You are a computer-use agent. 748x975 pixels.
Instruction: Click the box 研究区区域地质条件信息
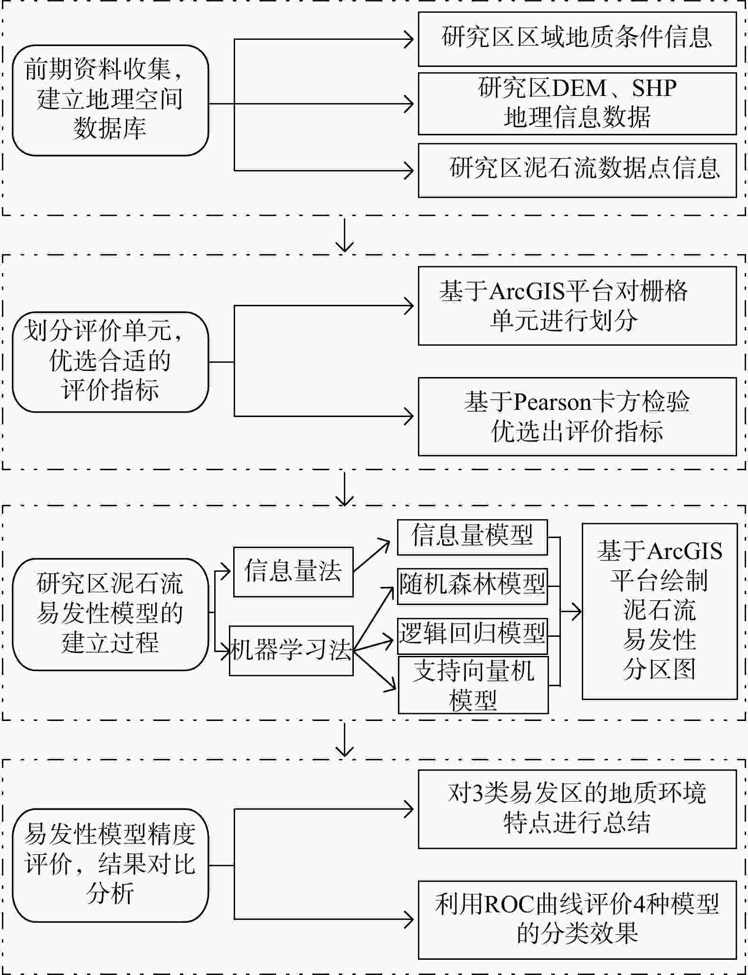click(x=577, y=39)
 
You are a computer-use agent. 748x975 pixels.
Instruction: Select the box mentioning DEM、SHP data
click(x=577, y=104)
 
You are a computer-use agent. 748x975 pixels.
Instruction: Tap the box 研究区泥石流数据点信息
click(x=577, y=170)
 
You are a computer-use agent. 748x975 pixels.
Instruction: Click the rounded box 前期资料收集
click(x=110, y=100)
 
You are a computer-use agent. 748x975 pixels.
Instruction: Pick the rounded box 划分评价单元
click(x=110, y=362)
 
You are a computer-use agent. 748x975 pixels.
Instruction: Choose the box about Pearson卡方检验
click(x=577, y=417)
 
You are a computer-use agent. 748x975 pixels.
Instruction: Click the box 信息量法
click(x=293, y=572)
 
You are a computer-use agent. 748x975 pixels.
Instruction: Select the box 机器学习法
click(x=291, y=651)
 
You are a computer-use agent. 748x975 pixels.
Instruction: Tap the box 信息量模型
click(x=472, y=537)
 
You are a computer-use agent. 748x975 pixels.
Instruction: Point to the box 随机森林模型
click(x=472, y=586)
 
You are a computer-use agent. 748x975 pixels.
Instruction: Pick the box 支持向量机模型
click(x=473, y=685)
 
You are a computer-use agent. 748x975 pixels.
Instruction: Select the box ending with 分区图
click(x=660, y=611)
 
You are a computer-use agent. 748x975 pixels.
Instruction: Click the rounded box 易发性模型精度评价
click(x=110, y=865)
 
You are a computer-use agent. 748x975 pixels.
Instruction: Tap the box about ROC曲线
click(x=577, y=919)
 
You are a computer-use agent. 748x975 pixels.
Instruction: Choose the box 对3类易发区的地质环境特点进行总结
click(x=577, y=809)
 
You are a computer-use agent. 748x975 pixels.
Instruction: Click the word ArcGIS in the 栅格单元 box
click(x=528, y=292)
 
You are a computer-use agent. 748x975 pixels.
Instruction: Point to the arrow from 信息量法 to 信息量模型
click(x=372, y=556)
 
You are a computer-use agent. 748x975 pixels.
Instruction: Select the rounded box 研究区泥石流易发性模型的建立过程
click(x=110, y=614)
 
